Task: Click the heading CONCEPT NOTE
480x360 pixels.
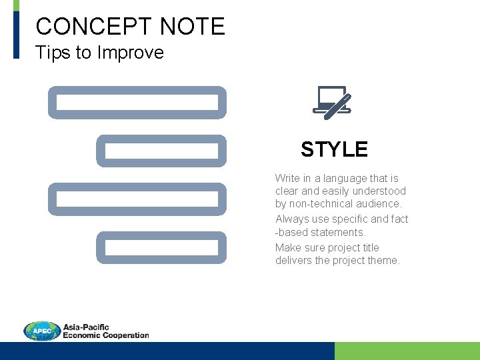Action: coord(130,27)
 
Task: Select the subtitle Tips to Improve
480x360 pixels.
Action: coord(99,53)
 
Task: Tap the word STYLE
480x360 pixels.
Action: coord(334,149)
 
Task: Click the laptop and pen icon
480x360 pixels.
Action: coord(333,103)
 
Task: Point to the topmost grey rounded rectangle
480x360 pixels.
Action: coord(137,103)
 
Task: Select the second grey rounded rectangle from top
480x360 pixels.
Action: coord(161,151)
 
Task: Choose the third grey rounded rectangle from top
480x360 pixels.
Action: coord(137,199)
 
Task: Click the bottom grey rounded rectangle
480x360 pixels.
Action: coord(161,247)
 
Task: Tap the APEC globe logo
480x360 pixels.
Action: coord(42,331)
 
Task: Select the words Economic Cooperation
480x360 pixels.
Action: coord(105,335)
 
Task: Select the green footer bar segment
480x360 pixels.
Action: coord(407,351)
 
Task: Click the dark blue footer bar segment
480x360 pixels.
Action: coord(167,351)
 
